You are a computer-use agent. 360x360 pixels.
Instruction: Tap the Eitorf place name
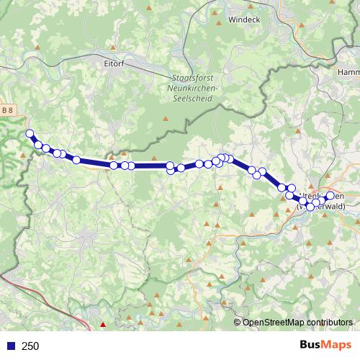pos(114,63)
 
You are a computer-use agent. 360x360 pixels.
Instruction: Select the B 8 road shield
pos(6,109)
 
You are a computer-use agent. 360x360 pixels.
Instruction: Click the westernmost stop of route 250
pos(30,133)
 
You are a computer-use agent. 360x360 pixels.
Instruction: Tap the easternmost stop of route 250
pos(330,196)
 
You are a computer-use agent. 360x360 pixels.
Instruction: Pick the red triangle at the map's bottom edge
pos(102,325)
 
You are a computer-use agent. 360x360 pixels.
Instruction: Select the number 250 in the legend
pos(30,346)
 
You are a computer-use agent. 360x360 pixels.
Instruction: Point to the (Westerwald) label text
pos(321,207)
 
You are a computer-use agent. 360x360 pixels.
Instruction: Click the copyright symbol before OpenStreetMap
pos(238,323)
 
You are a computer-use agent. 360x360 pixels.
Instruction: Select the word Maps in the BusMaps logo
pos(338,346)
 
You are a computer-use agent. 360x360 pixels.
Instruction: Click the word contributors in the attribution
pos(328,323)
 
